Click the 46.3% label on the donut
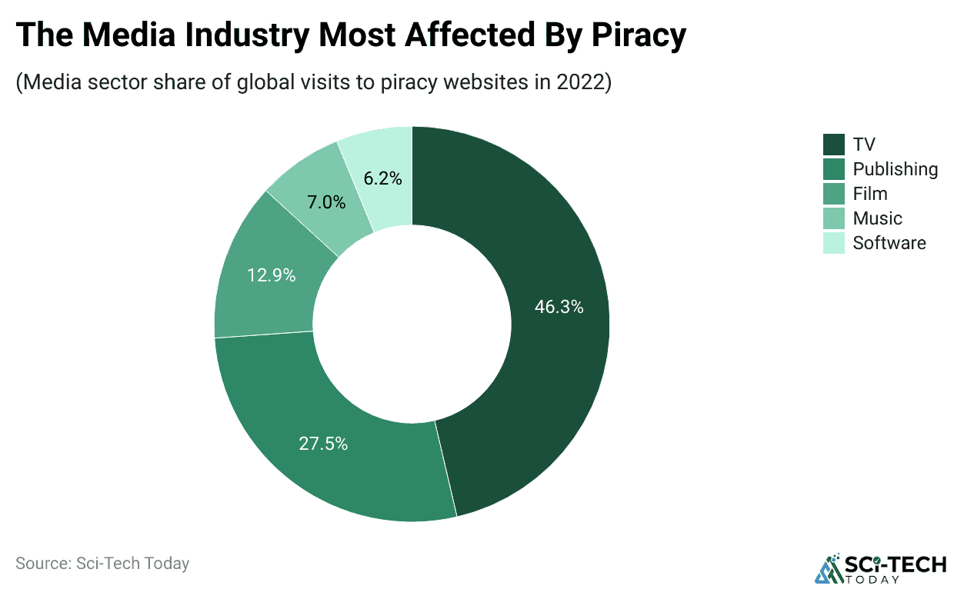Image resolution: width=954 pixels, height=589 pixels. pyautogui.click(x=559, y=307)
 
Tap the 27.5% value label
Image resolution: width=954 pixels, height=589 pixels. pyautogui.click(x=323, y=444)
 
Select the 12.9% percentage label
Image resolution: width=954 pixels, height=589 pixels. pyautogui.click(x=271, y=275)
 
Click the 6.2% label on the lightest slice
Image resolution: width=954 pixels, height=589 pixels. pyautogui.click(x=382, y=178)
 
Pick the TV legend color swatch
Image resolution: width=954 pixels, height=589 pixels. pyautogui.click(x=834, y=145)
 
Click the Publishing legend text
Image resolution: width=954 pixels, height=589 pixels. pyautogui.click(x=896, y=169)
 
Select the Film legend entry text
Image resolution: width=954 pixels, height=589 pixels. pyautogui.click(x=870, y=194)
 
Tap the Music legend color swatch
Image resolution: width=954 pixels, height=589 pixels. pyautogui.click(x=834, y=218)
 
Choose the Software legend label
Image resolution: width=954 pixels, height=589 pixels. pyautogui.click(x=889, y=243)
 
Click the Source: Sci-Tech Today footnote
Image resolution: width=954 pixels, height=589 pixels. pyautogui.click(x=102, y=563)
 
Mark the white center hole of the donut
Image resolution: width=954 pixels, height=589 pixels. pyautogui.click(x=412, y=324)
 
